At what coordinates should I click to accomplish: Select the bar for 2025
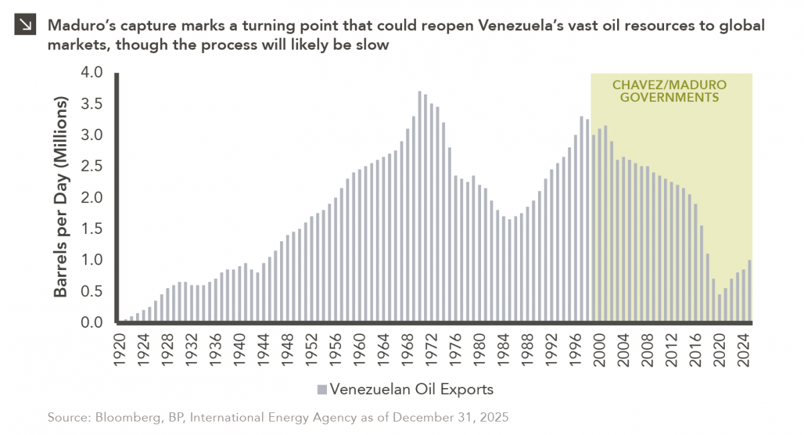click(x=750, y=291)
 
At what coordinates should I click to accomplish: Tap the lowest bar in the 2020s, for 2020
click(x=720, y=308)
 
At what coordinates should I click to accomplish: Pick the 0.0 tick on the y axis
click(x=100, y=323)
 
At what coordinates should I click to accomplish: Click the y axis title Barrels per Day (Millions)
click(x=61, y=198)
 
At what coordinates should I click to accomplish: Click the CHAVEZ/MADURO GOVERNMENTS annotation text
click(x=670, y=91)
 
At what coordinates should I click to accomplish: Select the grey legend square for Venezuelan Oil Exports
click(x=322, y=389)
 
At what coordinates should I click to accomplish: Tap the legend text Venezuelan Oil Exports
click(x=411, y=389)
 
